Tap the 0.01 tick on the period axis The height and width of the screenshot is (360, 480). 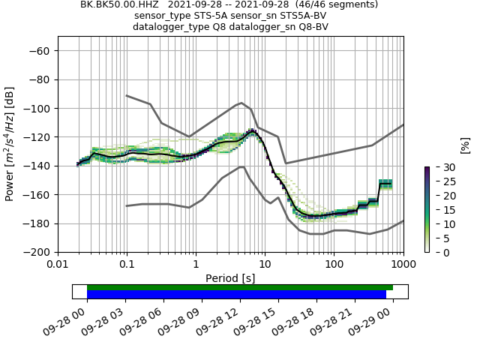(58, 265)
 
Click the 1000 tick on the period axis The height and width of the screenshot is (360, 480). (403, 265)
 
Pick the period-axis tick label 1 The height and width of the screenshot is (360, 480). (196, 265)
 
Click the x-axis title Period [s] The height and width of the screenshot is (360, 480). (230, 277)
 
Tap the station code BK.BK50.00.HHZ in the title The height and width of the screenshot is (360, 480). (124, 4)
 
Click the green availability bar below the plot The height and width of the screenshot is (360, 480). (240, 287)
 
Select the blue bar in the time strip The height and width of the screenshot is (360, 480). (236, 295)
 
